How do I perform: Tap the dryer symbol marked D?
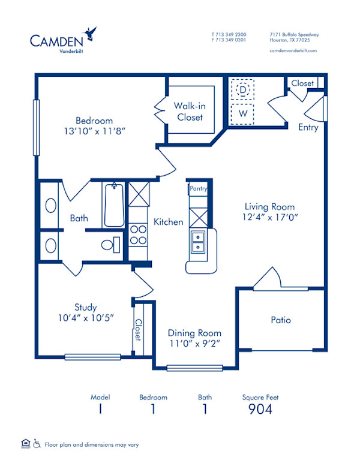243,91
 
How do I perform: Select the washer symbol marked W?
243,113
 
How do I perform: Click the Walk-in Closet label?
190,112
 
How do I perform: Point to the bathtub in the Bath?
113,205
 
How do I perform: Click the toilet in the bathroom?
110,245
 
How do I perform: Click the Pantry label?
198,188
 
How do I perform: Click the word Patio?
281,320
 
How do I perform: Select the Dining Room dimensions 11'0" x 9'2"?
194,344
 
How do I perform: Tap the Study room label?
86,307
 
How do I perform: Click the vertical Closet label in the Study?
137,329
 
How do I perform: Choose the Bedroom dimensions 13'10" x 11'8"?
94,130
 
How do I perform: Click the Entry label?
308,127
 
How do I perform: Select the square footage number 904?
260,409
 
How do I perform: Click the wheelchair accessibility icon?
37,444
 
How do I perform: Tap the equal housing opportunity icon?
25,443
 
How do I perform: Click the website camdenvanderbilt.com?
293,51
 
